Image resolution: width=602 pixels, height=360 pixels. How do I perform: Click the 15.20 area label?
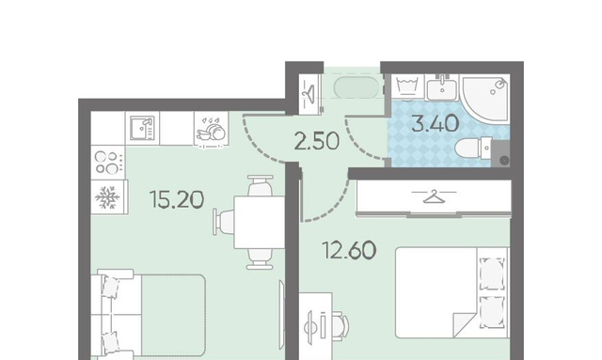coord(177,199)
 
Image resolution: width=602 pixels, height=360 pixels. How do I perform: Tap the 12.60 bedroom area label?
coord(349,250)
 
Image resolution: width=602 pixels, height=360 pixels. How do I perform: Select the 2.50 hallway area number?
coord(317,140)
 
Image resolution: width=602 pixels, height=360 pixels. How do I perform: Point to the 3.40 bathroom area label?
coord(436,123)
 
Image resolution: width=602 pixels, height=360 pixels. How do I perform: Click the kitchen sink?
coord(142,128)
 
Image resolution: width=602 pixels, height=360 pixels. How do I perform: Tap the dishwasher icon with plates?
coord(211,129)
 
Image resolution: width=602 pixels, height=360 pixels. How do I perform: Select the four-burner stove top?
coord(108,163)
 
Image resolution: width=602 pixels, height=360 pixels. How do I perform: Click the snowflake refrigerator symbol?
coord(107,197)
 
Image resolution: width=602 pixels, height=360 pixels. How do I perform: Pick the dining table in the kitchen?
coord(260,222)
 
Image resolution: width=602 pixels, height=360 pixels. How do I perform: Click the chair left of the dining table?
coord(224,223)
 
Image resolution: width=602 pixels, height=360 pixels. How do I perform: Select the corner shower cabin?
coord(485,98)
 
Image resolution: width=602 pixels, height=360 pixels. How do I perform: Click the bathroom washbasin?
coord(442,88)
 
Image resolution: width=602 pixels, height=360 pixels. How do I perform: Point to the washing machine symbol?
coord(407,86)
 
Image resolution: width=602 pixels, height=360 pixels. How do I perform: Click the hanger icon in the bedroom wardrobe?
coord(434,196)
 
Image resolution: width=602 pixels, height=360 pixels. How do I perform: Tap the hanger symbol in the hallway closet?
coord(309,91)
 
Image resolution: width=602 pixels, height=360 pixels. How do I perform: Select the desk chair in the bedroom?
coord(340,326)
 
